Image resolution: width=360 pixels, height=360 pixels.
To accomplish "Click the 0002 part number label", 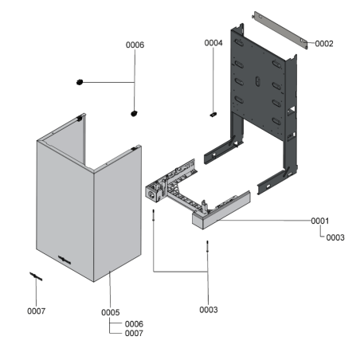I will (x=323, y=44).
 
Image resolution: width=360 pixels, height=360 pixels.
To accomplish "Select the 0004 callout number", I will (x=213, y=42).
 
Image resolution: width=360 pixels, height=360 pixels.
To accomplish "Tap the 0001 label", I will (x=319, y=220).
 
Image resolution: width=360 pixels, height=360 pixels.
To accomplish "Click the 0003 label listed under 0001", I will (x=335, y=237).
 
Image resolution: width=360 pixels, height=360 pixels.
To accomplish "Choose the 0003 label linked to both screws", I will (x=208, y=308).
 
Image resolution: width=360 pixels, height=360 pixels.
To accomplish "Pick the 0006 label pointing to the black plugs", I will (x=135, y=45).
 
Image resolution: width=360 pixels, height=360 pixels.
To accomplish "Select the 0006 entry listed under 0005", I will (x=134, y=323).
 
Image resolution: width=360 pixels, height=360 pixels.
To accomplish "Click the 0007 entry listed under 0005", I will (x=134, y=334).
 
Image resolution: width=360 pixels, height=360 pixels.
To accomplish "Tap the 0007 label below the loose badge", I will (x=37, y=310).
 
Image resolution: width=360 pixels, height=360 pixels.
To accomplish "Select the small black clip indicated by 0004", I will (x=213, y=114).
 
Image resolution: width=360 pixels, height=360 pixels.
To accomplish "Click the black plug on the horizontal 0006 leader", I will (x=79, y=81).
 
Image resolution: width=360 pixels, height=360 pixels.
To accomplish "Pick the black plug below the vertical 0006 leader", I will (x=134, y=113).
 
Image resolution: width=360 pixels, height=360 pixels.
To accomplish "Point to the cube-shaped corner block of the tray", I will (x=153, y=191).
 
